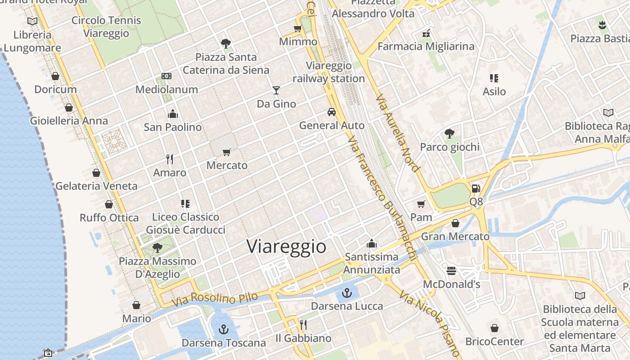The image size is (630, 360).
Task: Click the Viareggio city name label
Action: [286, 247]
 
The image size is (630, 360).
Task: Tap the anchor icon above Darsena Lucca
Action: [346, 293]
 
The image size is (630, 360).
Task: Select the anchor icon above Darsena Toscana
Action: [224, 330]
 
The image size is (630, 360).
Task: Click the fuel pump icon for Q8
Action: [476, 189]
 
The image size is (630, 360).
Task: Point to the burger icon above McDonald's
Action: [451, 271]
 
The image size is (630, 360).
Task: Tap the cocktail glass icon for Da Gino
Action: [276, 90]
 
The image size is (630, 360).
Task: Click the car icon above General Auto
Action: [332, 112]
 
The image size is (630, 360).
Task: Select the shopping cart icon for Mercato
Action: [227, 152]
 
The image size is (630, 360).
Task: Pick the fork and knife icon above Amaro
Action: [170, 159]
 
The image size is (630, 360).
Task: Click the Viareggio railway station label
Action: [328, 72]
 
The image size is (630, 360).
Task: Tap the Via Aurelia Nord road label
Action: [398, 133]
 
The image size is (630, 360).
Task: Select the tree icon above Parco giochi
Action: [449, 134]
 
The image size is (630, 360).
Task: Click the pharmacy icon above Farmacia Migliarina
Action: [426, 33]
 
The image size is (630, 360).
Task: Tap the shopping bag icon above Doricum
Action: [55, 76]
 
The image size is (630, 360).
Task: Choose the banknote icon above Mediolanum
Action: [166, 76]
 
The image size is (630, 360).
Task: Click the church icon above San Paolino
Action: [173, 114]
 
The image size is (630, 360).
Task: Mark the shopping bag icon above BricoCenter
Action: [495, 328]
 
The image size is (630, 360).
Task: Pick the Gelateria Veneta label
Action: [96, 186]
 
